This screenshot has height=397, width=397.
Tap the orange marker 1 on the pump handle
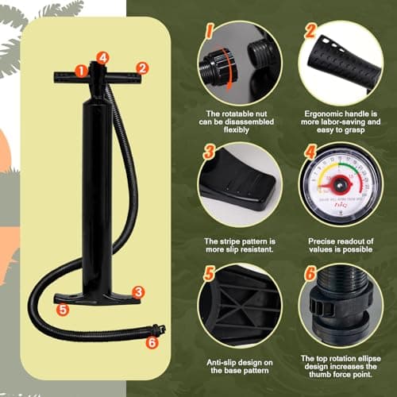pos(81,70)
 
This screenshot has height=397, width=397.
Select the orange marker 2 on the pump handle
pos(141,69)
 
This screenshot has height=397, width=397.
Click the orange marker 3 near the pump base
pos(138,292)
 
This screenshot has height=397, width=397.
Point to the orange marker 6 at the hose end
pos(152,344)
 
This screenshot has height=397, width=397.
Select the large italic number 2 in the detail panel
pos(312,32)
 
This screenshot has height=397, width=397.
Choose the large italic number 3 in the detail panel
pos(208,152)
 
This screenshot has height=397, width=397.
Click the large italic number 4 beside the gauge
pos(310,151)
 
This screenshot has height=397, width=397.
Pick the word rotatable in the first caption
pos(235,114)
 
